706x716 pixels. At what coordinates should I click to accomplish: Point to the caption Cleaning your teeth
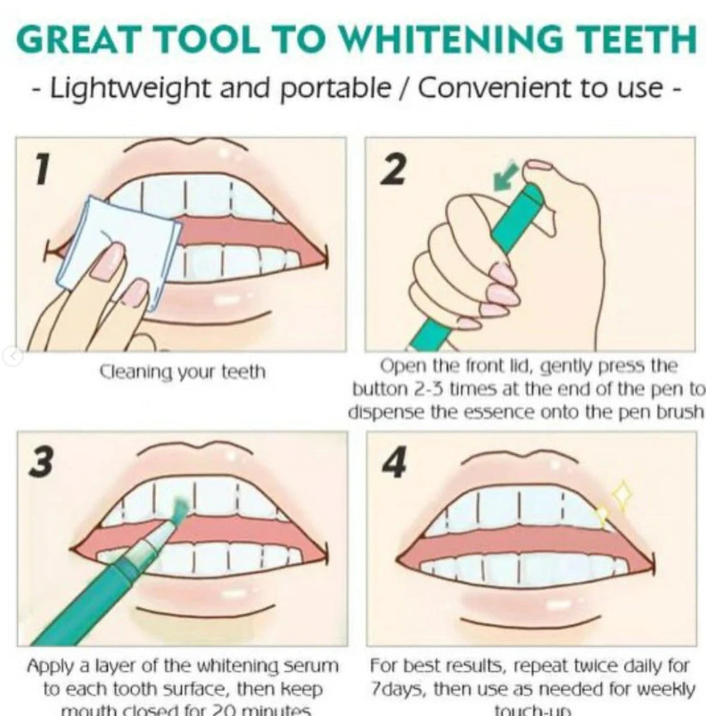pos(182,373)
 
